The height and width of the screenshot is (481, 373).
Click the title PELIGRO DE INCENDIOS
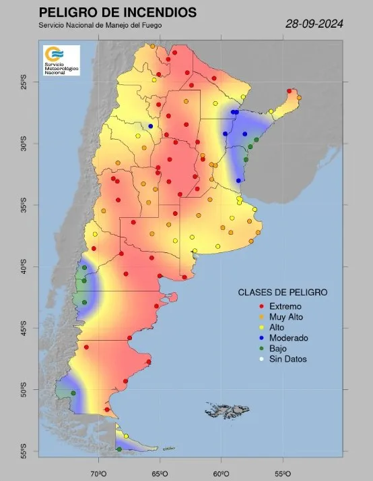(118, 13)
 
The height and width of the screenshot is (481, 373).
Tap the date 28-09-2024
(315, 24)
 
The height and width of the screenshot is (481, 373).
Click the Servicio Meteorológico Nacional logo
(61, 60)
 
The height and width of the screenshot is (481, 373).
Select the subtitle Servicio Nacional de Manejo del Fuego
(100, 26)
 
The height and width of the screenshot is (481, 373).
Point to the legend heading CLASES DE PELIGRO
(283, 293)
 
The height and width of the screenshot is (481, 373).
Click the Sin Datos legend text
(273, 360)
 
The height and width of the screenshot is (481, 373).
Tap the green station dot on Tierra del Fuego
(119, 449)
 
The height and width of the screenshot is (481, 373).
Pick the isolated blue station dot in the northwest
(151, 126)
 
